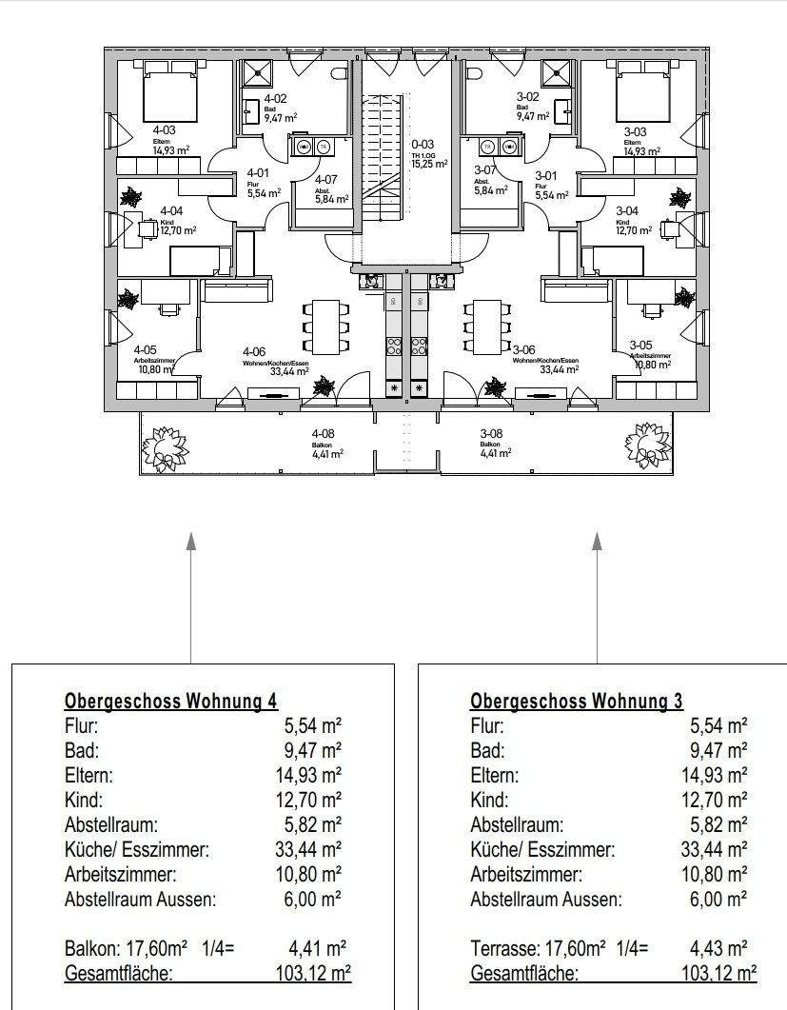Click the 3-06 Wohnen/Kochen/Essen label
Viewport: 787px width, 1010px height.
coord(543,360)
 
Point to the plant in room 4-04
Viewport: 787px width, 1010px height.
coord(130,198)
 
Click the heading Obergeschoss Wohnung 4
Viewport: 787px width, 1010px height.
coord(170,702)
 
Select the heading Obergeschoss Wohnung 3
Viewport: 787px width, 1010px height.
coord(576,702)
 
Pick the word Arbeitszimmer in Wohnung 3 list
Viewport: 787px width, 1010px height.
coord(525,874)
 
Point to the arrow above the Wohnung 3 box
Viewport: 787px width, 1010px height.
coord(597,543)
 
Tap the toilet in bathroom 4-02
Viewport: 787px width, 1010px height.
coord(340,73)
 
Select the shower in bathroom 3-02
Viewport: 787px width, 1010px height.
coord(555,73)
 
